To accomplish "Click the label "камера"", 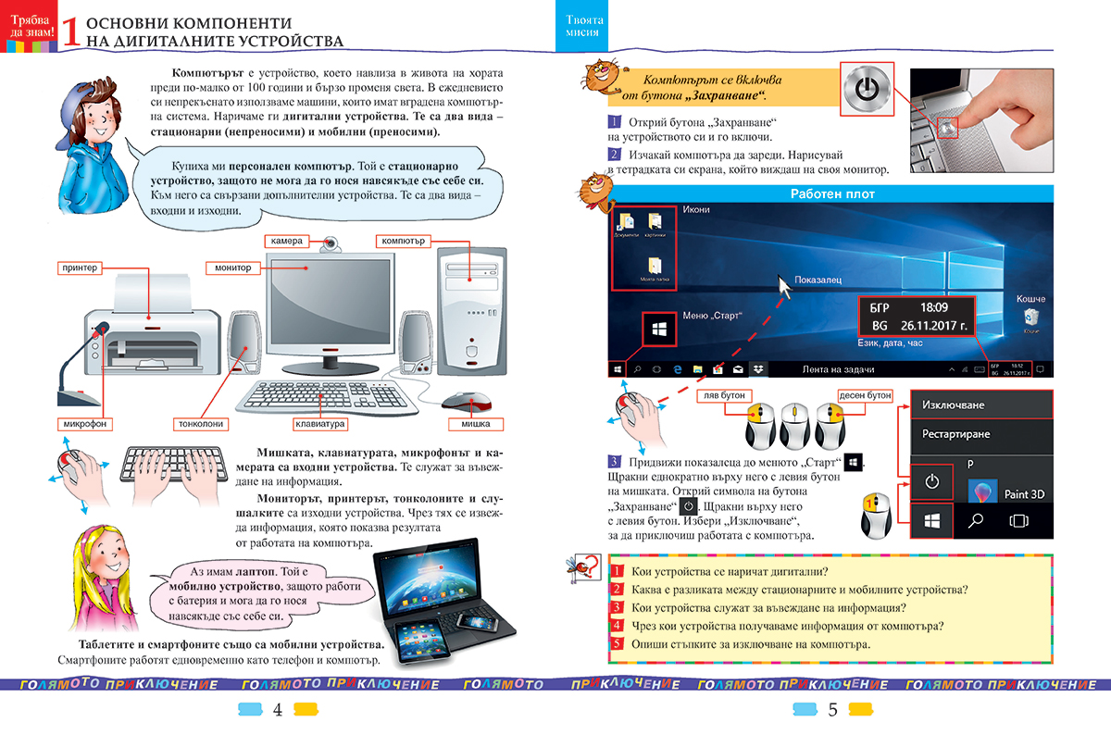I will [x=288, y=241].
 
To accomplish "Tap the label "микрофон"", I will [x=84, y=424].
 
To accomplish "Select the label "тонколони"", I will [x=198, y=424].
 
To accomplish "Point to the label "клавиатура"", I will [x=319, y=425].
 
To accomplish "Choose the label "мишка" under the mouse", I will [x=475, y=425].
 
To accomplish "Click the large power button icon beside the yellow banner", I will [x=867, y=90].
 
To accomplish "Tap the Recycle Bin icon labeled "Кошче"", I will [x=1030, y=319].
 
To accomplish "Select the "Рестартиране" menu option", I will [x=955, y=434].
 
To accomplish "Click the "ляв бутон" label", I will [x=723, y=395].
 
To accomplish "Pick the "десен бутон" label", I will [x=865, y=395].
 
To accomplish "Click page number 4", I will [x=277, y=711].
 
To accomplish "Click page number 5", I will [x=832, y=711].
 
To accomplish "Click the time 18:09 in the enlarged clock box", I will [x=934, y=307].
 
